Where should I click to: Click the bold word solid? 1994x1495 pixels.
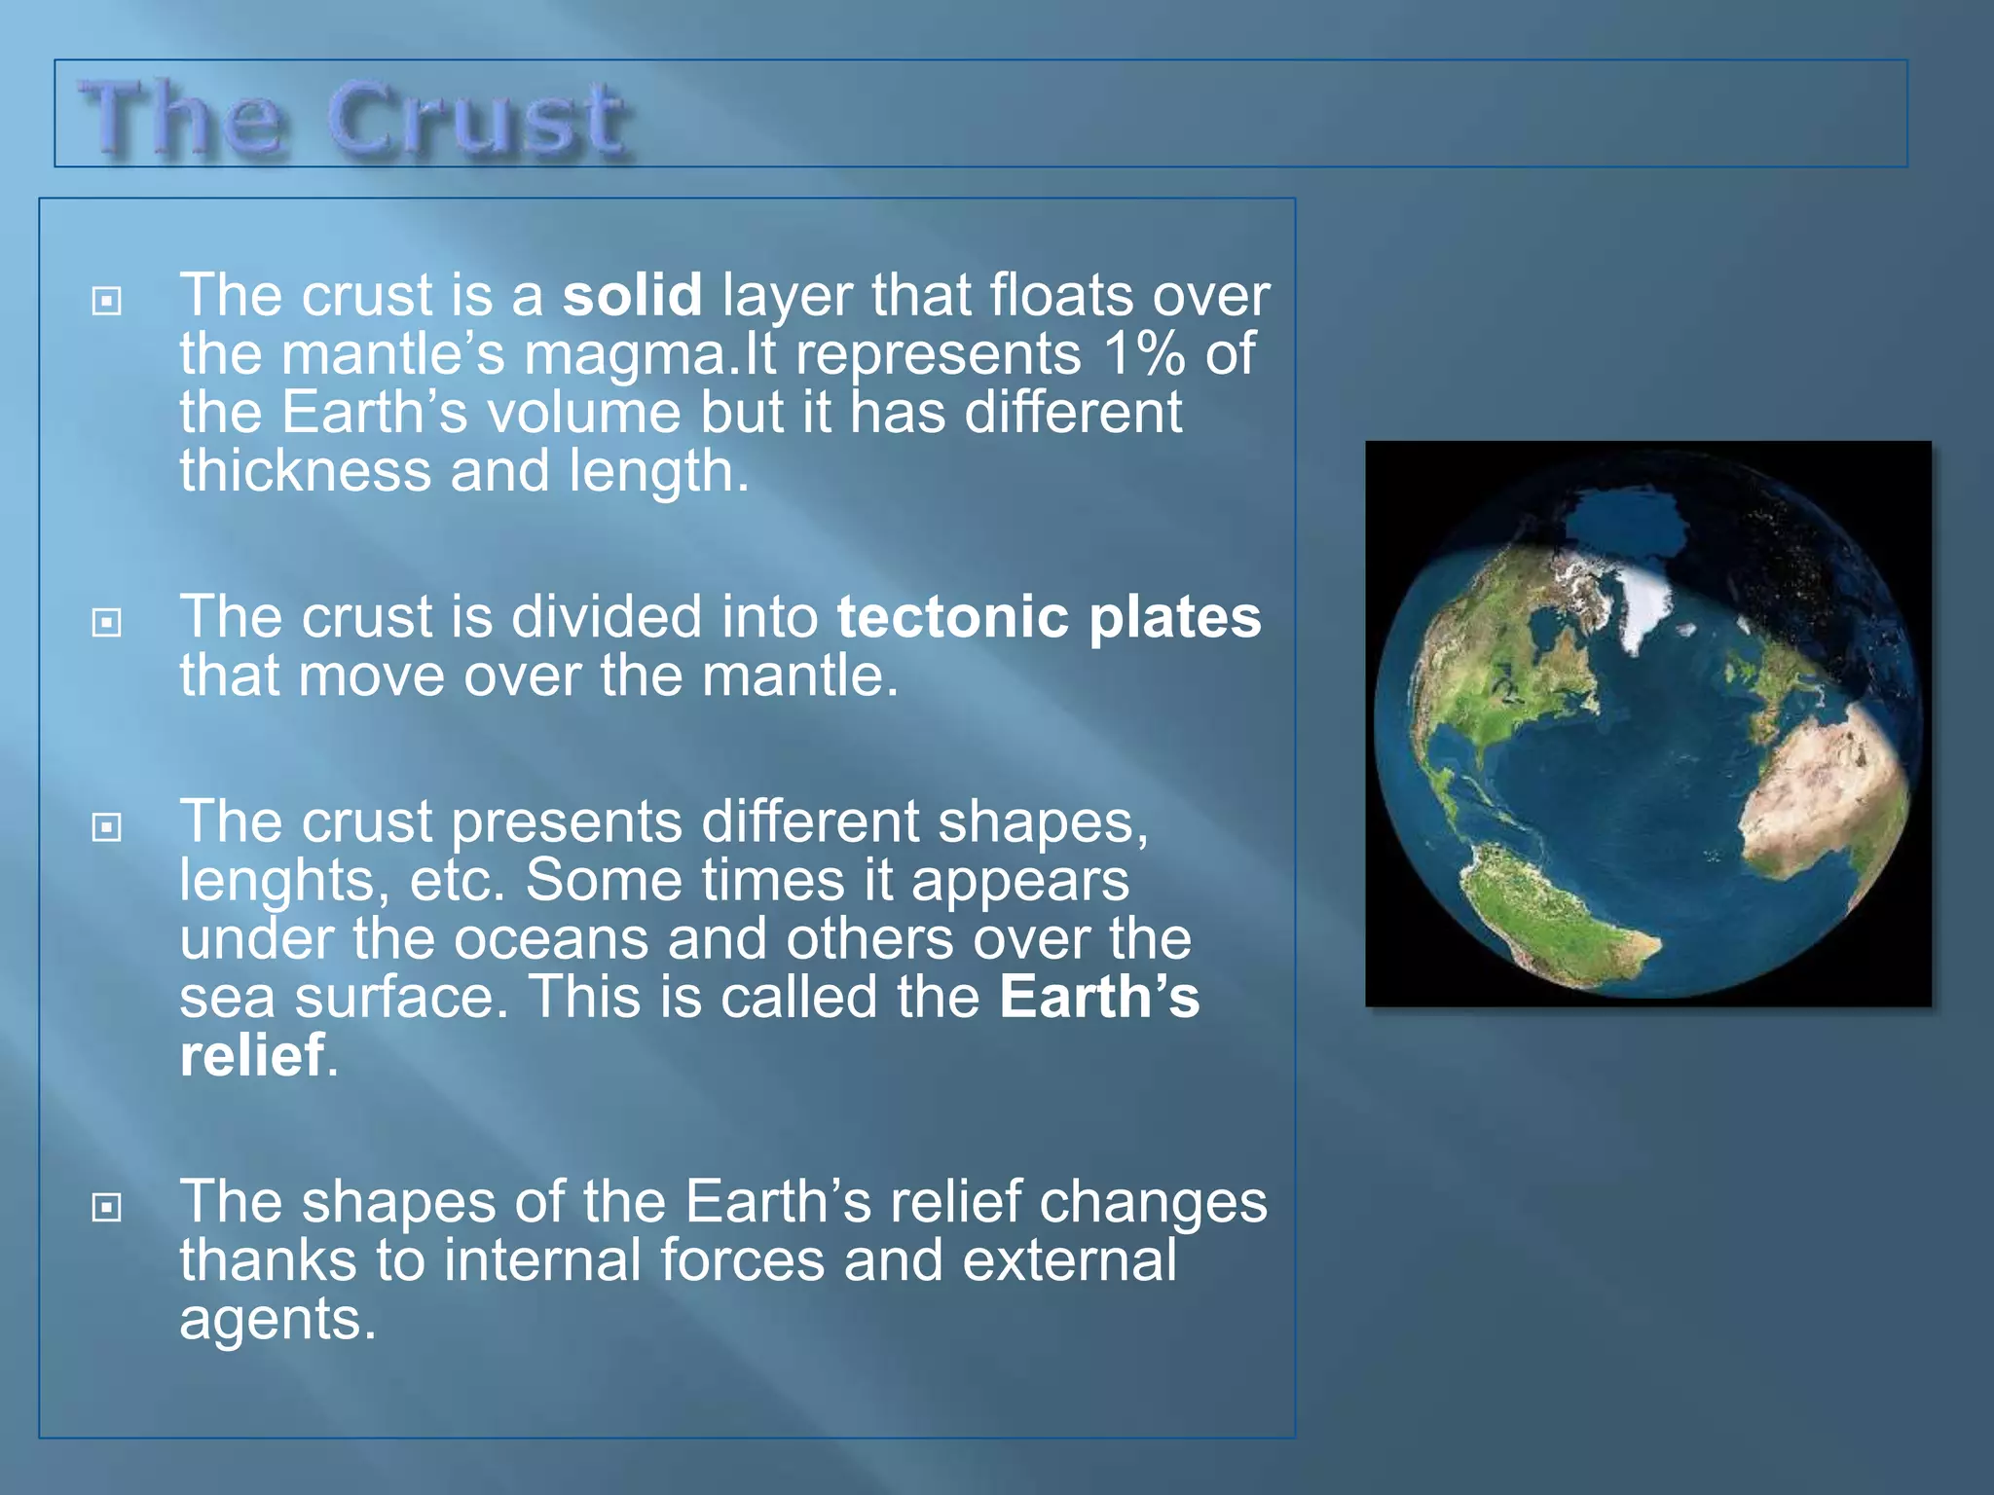pos(632,295)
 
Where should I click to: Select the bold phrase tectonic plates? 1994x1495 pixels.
pos(1049,617)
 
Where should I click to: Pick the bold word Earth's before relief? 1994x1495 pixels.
pos(1099,998)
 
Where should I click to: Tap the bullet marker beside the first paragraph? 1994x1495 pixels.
pos(106,301)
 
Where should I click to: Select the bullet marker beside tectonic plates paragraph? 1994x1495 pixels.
pos(106,622)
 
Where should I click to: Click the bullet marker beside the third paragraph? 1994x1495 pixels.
pos(106,827)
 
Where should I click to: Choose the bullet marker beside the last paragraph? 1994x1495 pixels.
pos(106,1208)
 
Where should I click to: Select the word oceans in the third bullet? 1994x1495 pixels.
pos(551,939)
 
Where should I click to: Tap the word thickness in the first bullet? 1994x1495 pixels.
pos(305,471)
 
